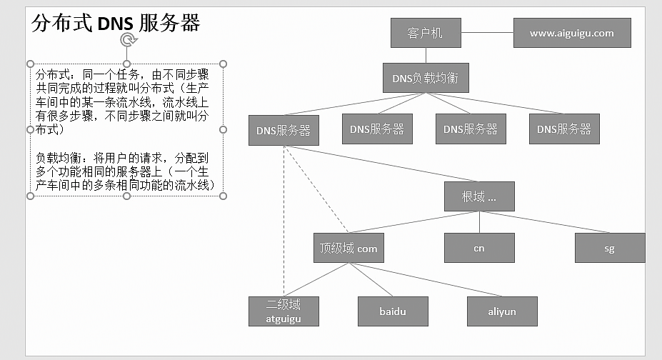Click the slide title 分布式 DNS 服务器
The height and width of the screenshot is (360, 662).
pyautogui.click(x=116, y=23)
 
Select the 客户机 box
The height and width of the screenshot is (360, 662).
pyautogui.click(x=426, y=33)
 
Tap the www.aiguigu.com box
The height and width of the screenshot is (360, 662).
pyautogui.click(x=571, y=33)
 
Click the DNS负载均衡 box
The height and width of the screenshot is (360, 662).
pyautogui.click(x=426, y=78)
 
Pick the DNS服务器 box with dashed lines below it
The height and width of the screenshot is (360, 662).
pyautogui.click(x=284, y=131)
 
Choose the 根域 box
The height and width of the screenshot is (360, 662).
pyautogui.click(x=478, y=196)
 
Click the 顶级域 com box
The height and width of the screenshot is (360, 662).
pyautogui.click(x=348, y=249)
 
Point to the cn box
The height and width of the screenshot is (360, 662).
pyautogui.click(x=478, y=248)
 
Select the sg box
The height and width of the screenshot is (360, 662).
pyautogui.click(x=609, y=249)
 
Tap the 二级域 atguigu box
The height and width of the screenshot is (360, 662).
pyautogui.click(x=284, y=311)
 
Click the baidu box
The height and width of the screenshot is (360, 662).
pyautogui.click(x=393, y=311)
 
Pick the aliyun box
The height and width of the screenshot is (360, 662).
pyautogui.click(x=502, y=311)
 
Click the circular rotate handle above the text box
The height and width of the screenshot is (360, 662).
pyautogui.click(x=127, y=39)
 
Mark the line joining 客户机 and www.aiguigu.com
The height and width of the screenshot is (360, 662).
pyautogui.click(x=487, y=33)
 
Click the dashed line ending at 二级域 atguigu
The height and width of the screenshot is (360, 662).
pyautogui.click(x=284, y=229)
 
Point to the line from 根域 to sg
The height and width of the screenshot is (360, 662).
pyautogui.click(x=546, y=221)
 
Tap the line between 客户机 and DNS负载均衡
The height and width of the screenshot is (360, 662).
pyautogui.click(x=426, y=55)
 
